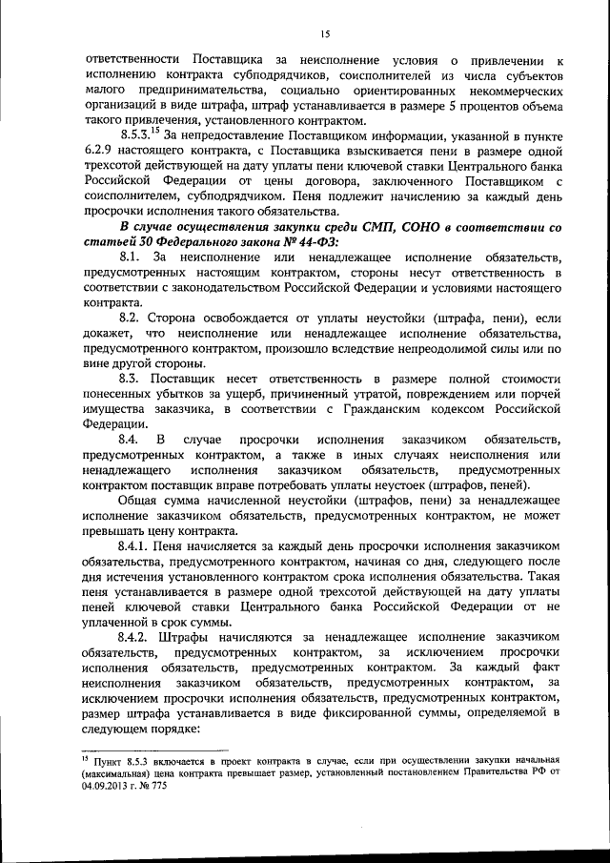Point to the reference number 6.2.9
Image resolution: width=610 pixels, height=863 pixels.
pos(99,156)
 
